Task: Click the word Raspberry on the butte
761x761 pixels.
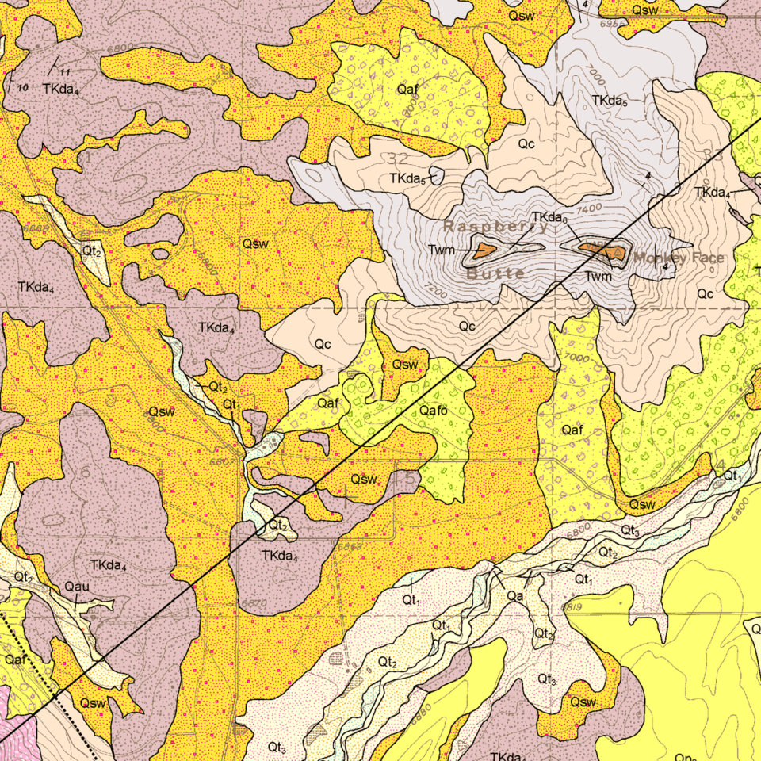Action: pyautogui.click(x=495, y=227)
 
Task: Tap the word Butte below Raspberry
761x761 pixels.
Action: pyautogui.click(x=495, y=274)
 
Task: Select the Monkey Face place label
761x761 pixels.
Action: pyautogui.click(x=678, y=258)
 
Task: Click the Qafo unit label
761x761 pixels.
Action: pyautogui.click(x=434, y=411)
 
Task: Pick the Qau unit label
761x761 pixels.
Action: pyautogui.click(x=77, y=587)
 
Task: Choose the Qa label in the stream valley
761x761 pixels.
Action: pyautogui.click(x=514, y=595)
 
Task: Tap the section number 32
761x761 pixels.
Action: pyautogui.click(x=398, y=159)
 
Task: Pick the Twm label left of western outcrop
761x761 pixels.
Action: pyautogui.click(x=442, y=250)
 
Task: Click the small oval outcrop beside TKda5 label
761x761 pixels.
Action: pyautogui.click(x=436, y=174)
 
